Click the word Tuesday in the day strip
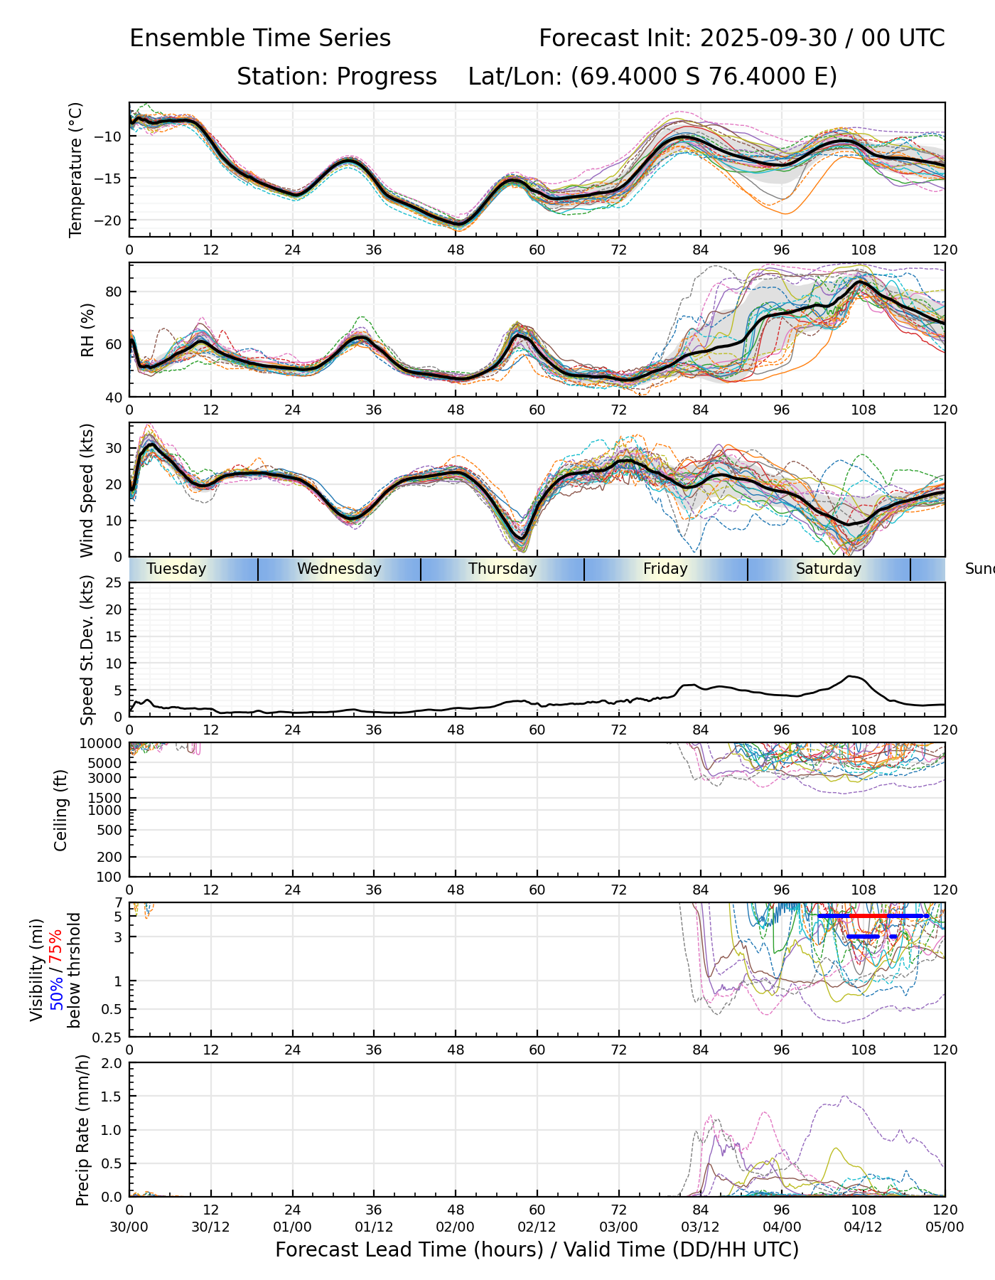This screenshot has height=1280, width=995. pyautogui.click(x=176, y=569)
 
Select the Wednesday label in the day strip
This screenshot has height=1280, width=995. pyautogui.click(x=339, y=569)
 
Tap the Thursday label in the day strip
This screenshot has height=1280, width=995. pyautogui.click(x=502, y=569)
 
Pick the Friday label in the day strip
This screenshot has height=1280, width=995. pyautogui.click(x=665, y=569)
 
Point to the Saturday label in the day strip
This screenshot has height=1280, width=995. pyautogui.click(x=828, y=569)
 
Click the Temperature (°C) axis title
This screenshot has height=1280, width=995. pyautogui.click(x=76, y=169)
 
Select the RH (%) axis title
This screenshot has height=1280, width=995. pyautogui.click(x=87, y=329)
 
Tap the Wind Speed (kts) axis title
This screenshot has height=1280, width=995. pyautogui.click(x=87, y=490)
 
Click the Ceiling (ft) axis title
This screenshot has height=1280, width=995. pyautogui.click(x=61, y=810)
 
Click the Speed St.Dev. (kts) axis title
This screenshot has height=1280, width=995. pyautogui.click(x=87, y=650)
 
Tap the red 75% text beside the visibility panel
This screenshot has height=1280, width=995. pyautogui.click(x=56, y=945)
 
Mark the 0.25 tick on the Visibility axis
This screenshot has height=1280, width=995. pyautogui.click(x=109, y=1037)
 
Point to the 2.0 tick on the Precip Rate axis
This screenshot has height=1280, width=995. pyautogui.click(x=112, y=1063)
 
